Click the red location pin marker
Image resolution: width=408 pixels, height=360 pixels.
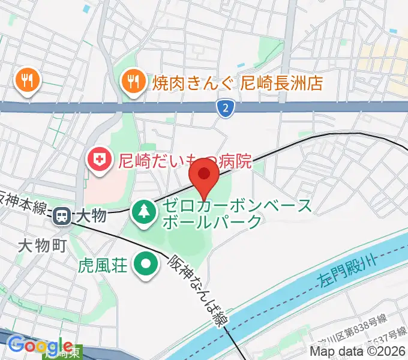tap(205, 175)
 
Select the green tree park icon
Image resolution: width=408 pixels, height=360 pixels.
tap(145, 211)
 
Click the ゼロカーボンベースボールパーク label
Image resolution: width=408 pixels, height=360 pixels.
tap(235, 214)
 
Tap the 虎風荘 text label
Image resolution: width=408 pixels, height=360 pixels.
tap(103, 264)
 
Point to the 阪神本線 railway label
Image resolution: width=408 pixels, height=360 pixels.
tap(22, 203)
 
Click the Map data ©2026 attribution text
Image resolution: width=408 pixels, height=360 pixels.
tap(358, 351)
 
